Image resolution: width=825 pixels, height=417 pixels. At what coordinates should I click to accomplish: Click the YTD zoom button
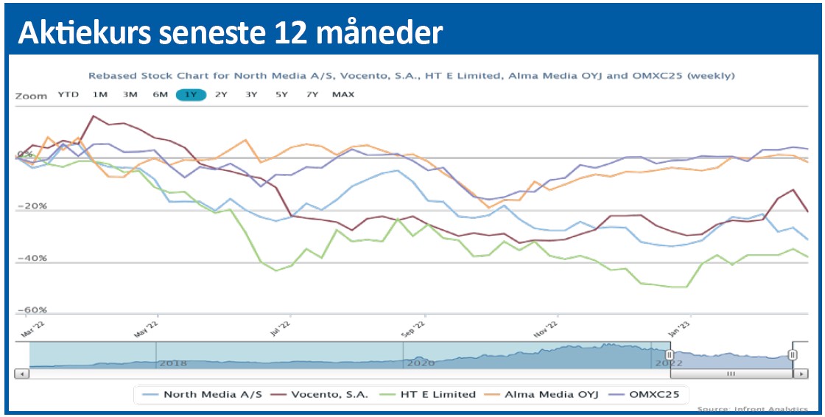pyautogui.click(x=69, y=94)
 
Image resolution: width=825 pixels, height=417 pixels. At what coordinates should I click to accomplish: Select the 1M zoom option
pyautogui.click(x=100, y=94)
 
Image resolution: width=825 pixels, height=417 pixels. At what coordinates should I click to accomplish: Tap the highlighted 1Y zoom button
pyautogui.click(x=191, y=94)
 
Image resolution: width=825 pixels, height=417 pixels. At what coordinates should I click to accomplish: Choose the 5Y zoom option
pyautogui.click(x=282, y=94)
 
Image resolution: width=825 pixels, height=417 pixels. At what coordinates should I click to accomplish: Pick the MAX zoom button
pyautogui.click(x=343, y=94)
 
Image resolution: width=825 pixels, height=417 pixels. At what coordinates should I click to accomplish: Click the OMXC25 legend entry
pyautogui.click(x=656, y=394)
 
